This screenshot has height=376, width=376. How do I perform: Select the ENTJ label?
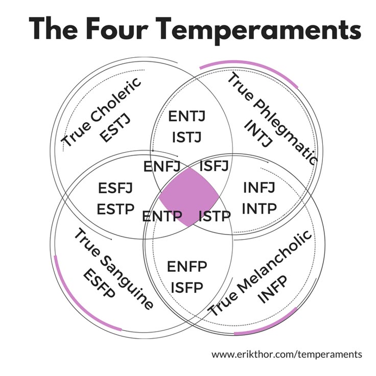pos(187,116)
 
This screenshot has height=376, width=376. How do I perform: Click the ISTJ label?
pos(187,137)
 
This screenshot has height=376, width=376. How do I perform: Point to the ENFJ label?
pos(162,167)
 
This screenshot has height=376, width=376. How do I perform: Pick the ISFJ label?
pos(214,166)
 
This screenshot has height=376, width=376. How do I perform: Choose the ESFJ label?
pos(115,188)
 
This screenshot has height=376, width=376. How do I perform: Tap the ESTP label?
pos(115,209)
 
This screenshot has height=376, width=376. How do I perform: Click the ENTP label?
pos(162,216)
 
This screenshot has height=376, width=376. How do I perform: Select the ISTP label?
pos(215,216)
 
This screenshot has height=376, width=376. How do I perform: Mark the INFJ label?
pos(259,187)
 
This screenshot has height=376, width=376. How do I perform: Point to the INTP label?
pos(259,208)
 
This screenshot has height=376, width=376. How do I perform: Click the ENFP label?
pos(187,266)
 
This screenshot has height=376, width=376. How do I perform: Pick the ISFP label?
pos(187,287)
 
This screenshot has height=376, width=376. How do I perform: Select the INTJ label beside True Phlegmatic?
pos(258,133)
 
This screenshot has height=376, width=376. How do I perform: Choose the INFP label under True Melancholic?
pos(272,290)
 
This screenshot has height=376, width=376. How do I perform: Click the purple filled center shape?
pos(189,197)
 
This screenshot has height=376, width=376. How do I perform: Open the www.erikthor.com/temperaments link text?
pos(287,354)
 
